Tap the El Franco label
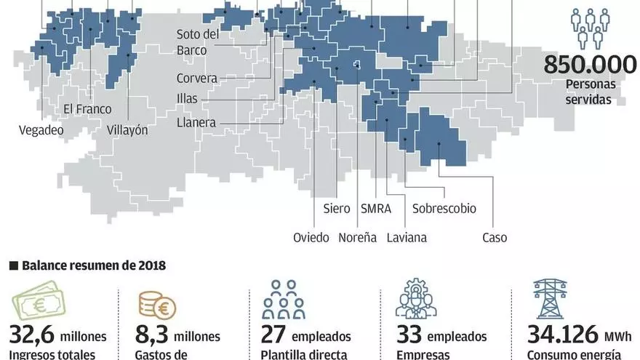coord(87,110)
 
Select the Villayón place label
coord(127,130)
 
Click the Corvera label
coord(196,79)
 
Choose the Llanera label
coord(196,123)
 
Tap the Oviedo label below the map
coord(311,237)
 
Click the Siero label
coord(337,209)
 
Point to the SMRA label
coord(376,209)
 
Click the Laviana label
coord(407,237)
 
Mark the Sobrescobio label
coord(444,209)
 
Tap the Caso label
coord(495,237)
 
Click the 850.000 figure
coord(590,65)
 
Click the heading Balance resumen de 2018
coord(93,265)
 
